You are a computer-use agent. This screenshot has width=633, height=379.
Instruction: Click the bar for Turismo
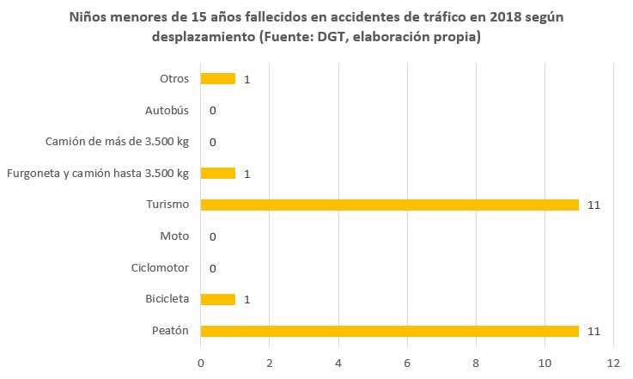[389, 205]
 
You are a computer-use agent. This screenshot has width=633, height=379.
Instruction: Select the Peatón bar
[389, 331]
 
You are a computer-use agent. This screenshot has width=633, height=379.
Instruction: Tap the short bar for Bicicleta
[217, 299]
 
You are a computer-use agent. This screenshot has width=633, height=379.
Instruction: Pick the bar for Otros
[217, 79]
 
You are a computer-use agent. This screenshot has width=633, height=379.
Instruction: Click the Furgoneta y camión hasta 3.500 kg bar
[217, 174]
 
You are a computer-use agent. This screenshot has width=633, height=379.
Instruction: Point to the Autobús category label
[167, 110]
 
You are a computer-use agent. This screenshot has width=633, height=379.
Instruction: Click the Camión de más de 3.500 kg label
[117, 142]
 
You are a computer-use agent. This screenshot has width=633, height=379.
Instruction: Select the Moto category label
[174, 236]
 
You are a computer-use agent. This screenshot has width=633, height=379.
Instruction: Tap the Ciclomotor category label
[161, 268]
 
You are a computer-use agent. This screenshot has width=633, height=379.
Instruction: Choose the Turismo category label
[167, 205]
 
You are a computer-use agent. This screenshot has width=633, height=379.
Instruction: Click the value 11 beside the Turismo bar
[593, 205]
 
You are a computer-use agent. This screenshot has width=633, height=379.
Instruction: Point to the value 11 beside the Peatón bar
[593, 332]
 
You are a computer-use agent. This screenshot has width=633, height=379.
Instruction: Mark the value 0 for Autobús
[212, 111]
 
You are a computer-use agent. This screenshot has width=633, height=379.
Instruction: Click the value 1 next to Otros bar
[247, 80]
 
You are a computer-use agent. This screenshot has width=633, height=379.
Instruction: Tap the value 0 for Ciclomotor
[212, 269]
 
